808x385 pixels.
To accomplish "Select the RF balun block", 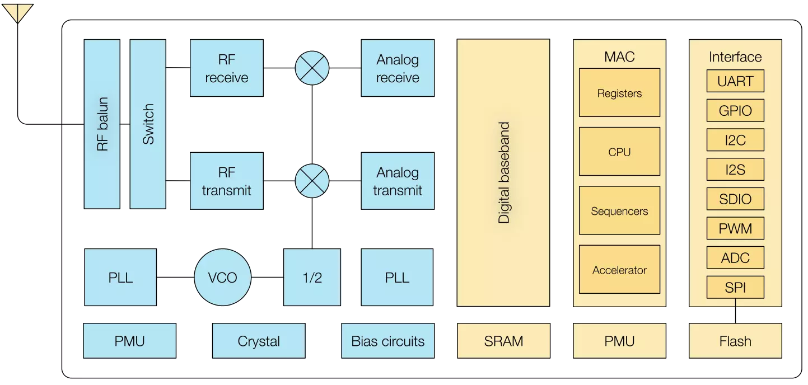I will click(101, 124).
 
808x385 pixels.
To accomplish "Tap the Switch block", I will click(148, 124).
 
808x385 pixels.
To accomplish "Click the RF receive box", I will click(226, 68).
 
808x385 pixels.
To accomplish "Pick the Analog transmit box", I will click(397, 181).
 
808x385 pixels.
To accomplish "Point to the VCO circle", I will click(222, 278).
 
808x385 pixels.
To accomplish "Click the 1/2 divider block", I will click(312, 278).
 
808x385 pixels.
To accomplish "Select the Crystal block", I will click(259, 341).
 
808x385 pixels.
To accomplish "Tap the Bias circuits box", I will click(387, 341).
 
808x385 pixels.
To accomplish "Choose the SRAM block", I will click(503, 341).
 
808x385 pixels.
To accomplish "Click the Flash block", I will click(735, 341).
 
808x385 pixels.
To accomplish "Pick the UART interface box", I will click(735, 81).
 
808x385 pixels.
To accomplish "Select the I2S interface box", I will click(735, 169).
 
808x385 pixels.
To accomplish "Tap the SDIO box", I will click(735, 199).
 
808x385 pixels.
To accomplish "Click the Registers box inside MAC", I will click(619, 93).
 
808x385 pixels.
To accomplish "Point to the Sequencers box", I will click(619, 211).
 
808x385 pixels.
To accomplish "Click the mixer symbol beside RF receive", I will click(312, 68).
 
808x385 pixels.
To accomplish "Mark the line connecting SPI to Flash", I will click(735, 311).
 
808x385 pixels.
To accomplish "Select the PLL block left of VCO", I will click(120, 278).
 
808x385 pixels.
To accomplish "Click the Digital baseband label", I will click(504, 173).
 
